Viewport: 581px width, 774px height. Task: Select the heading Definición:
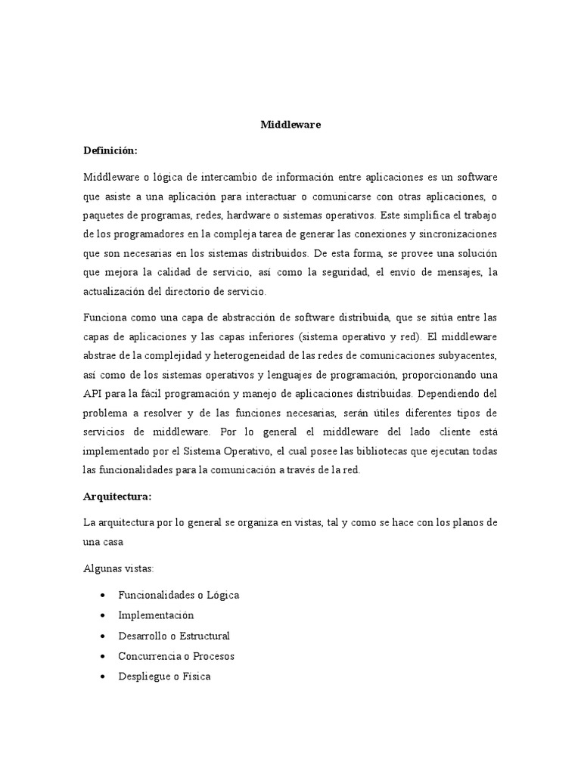tap(110, 151)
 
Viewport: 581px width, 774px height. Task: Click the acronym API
tap(93, 393)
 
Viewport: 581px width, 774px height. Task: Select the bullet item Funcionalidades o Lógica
tap(179, 596)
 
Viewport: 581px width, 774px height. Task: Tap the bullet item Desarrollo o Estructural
tap(174, 636)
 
